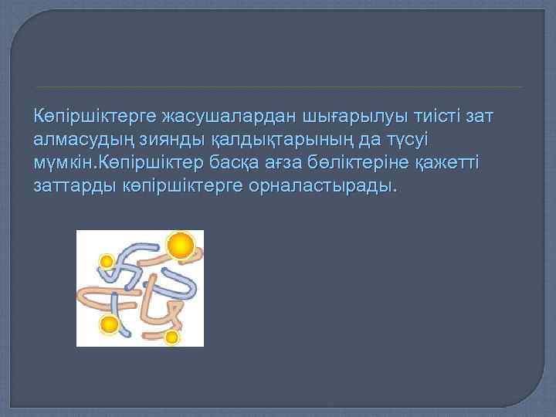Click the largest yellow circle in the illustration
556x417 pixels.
pyautogui.click(x=181, y=246)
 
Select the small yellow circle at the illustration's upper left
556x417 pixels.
pyautogui.click(x=107, y=262)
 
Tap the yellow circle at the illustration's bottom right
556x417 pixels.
pyautogui.click(x=171, y=337)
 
